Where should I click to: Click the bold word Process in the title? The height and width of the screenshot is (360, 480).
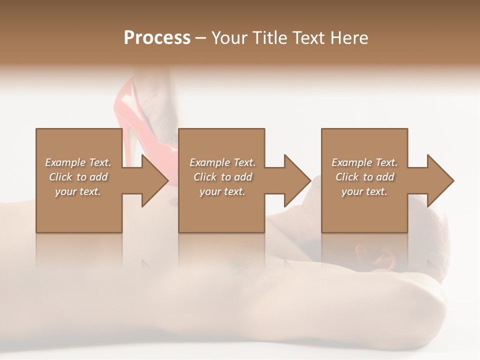(x=157, y=38)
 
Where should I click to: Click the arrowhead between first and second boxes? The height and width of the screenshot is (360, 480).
(x=154, y=180)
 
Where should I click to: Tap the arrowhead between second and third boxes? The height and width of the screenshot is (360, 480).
(x=297, y=180)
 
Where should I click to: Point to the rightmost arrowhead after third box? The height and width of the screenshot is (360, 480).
(x=440, y=180)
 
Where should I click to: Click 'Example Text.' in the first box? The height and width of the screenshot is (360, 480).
(x=78, y=162)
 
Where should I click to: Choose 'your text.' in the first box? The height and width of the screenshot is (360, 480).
(x=78, y=191)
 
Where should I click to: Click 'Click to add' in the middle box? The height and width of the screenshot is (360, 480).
(x=222, y=177)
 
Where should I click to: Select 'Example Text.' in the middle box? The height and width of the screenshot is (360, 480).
(x=222, y=162)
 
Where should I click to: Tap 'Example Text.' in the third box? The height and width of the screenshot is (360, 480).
(x=364, y=162)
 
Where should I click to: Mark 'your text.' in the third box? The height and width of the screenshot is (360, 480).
(x=364, y=191)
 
